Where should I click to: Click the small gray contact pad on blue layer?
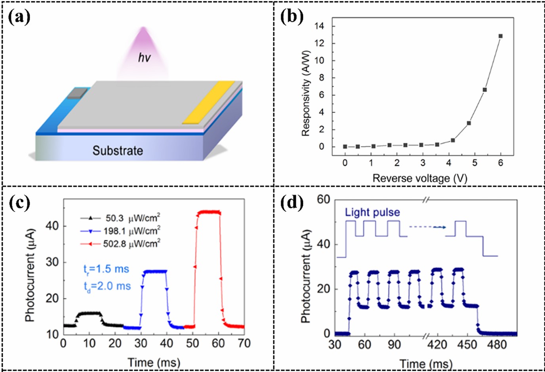[77, 93]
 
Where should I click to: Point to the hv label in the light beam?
[145, 58]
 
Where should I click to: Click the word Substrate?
[118, 151]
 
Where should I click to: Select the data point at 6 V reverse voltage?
[501, 36]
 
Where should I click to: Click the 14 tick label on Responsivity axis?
[319, 26]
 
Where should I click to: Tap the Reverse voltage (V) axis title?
[420, 178]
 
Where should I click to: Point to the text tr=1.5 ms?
[106, 270]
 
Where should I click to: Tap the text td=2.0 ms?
[106, 286]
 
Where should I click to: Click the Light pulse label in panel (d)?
[372, 213]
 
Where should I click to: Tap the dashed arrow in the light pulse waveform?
[427, 227]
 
